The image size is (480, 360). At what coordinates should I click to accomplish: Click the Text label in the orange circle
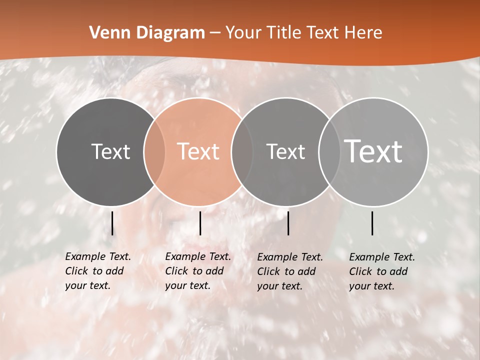[x=198, y=151]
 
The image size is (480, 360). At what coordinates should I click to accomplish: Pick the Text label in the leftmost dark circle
[x=110, y=151]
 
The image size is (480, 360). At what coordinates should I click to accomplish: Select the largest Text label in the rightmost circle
[x=373, y=151]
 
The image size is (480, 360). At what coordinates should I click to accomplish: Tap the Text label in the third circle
[x=285, y=151]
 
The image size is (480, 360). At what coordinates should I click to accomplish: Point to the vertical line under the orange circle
[x=200, y=223]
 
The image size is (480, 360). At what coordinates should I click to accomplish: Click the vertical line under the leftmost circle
[x=112, y=223]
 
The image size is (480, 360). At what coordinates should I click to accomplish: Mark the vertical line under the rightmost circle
[x=372, y=223]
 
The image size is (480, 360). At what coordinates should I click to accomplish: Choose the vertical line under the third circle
[x=288, y=223]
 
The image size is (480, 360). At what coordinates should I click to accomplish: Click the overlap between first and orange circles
[x=154, y=151]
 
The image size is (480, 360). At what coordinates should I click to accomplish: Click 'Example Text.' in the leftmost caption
[x=98, y=256]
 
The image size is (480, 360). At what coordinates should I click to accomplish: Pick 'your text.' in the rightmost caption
[x=371, y=286]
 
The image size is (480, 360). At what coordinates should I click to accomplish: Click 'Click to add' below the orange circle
[x=194, y=271]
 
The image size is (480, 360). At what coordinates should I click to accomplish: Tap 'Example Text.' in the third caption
[x=290, y=257]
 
